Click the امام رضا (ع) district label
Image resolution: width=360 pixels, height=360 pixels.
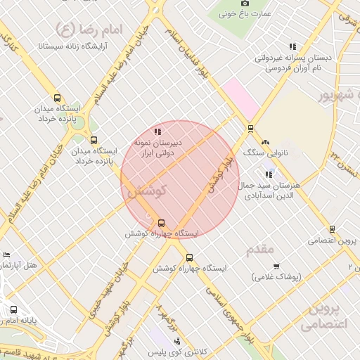[x=87, y=30]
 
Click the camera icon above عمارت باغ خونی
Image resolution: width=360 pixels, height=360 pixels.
[x=245, y=4]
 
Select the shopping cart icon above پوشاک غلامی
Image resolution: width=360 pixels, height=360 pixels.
[x=276, y=266]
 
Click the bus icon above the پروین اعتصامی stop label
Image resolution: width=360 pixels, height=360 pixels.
[x=332, y=229]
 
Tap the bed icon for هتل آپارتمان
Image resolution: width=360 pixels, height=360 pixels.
[x=7, y=255]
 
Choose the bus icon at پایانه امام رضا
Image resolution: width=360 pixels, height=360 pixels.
[x=13, y=309]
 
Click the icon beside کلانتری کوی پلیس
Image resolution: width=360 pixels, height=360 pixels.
[x=166, y=341]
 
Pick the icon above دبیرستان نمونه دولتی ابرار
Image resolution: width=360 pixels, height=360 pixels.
[x=157, y=131]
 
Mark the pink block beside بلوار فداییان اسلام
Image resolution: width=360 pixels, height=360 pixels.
[x=240, y=99]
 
